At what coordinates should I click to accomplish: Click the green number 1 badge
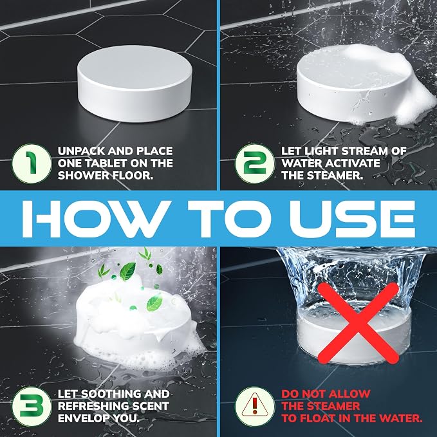(32, 163)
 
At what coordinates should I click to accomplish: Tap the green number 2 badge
(255, 163)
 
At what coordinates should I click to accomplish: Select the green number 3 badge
(32, 406)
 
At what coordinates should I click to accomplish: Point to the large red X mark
(358, 323)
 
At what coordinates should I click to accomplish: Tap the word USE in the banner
(352, 219)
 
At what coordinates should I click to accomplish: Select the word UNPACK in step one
(81, 151)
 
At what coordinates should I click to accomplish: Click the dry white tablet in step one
(135, 84)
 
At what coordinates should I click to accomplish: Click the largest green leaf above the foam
(127, 271)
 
